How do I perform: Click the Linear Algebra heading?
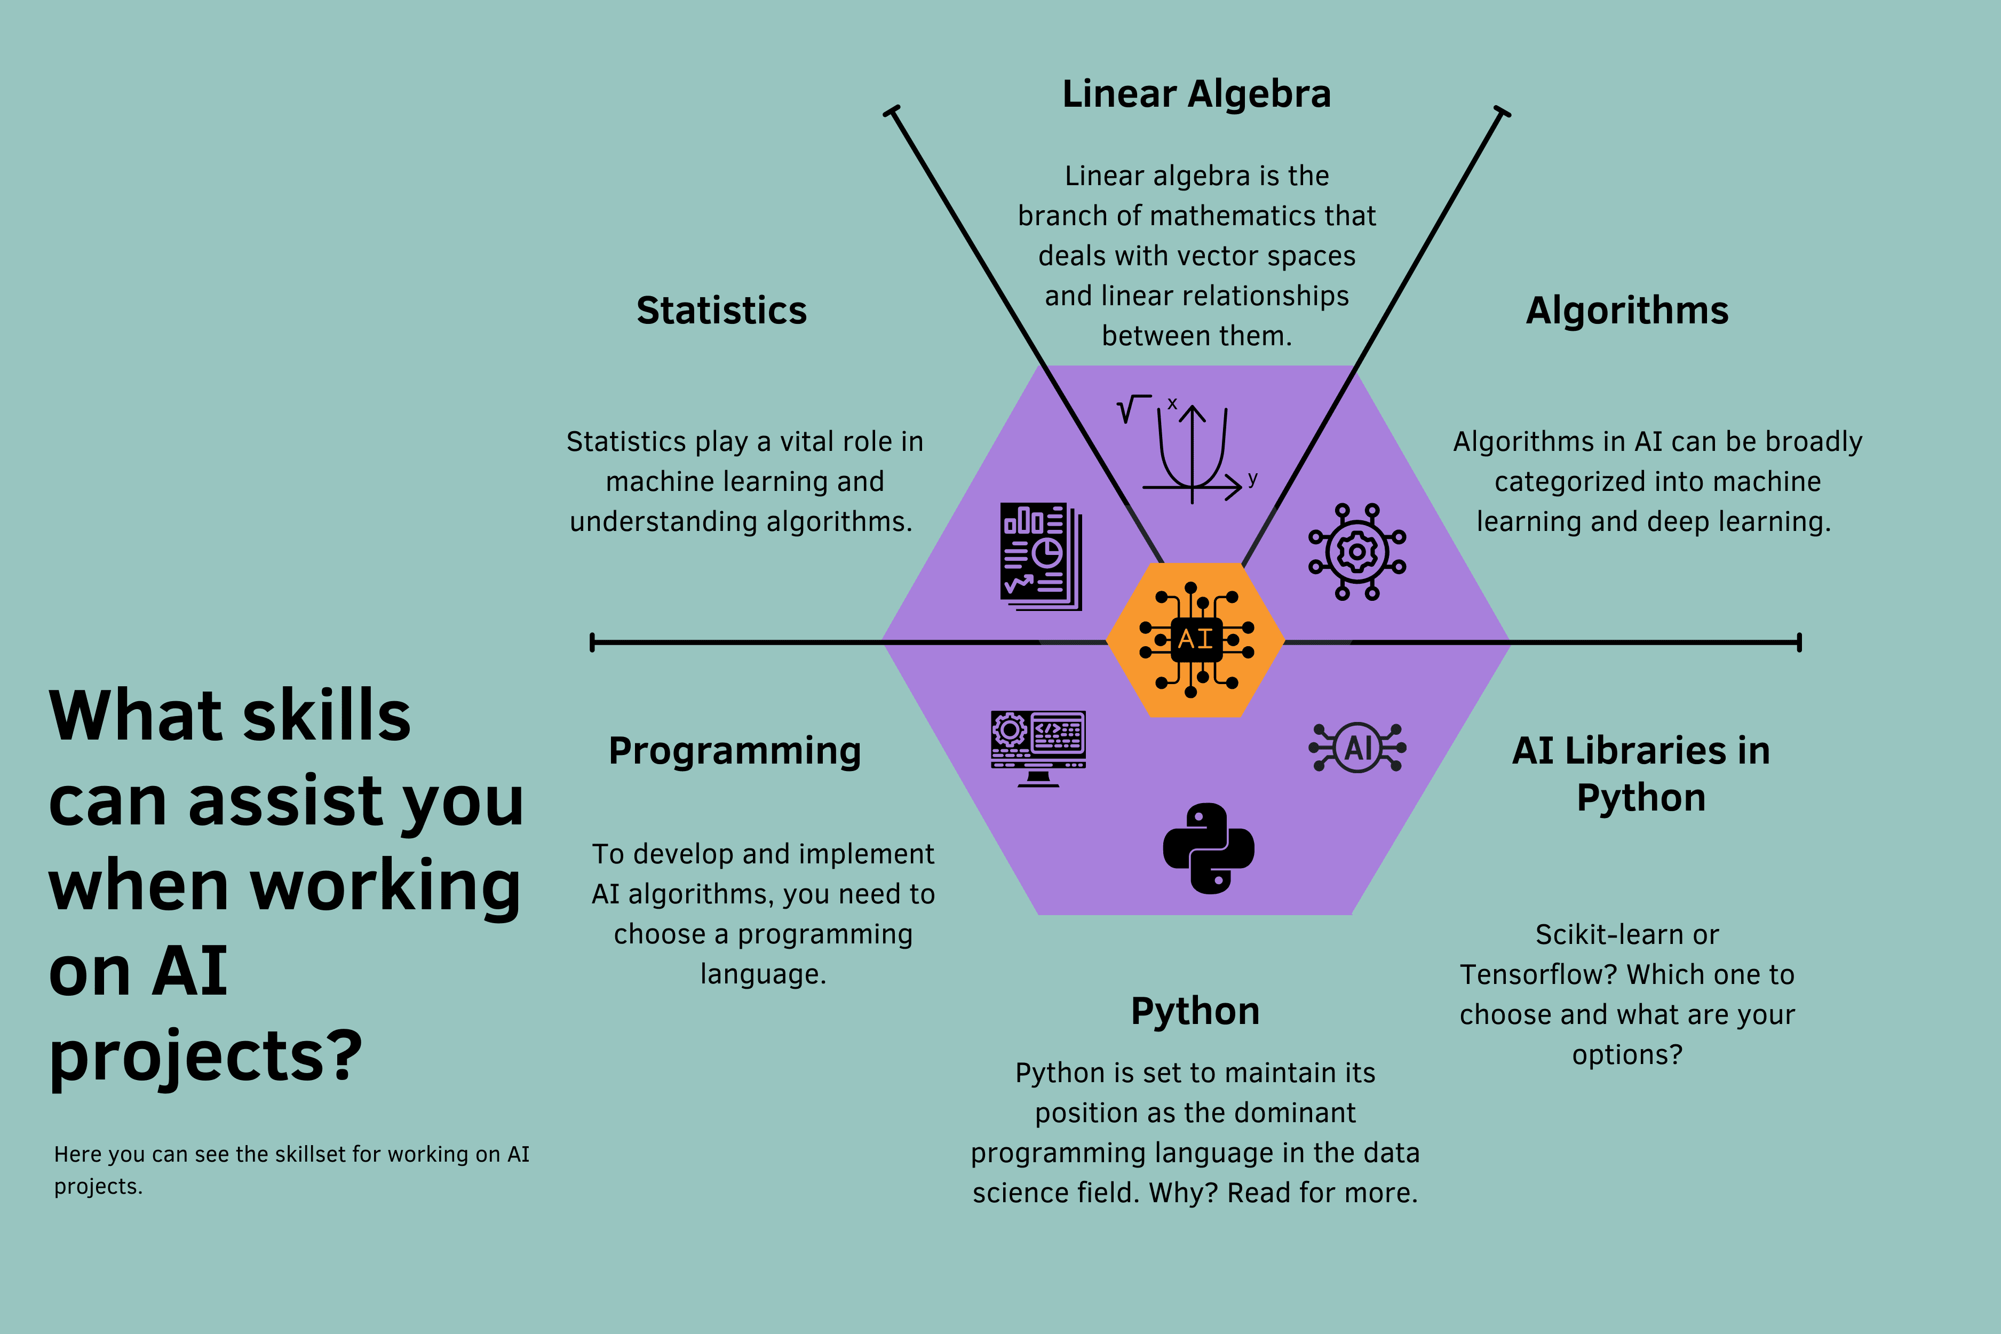click(x=1196, y=94)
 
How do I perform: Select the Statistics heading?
click(x=721, y=311)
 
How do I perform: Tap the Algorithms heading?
click(x=1626, y=311)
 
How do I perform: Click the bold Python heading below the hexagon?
click(x=1195, y=1012)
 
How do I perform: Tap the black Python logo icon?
click(x=1208, y=848)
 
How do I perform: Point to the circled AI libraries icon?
click(x=1357, y=748)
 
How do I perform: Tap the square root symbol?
click(x=1132, y=409)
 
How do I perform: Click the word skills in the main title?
click(x=327, y=716)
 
